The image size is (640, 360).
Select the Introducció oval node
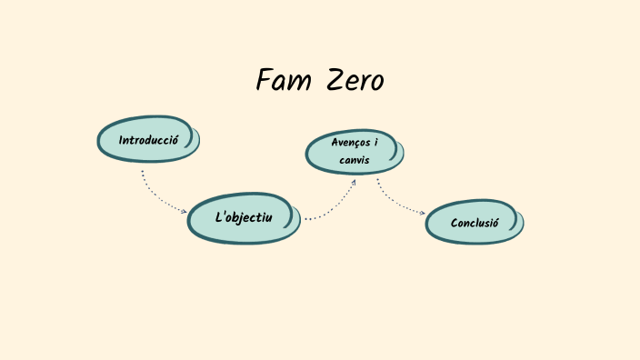point(147,140)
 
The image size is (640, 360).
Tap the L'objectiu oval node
point(243,218)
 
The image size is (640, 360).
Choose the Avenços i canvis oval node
point(354,152)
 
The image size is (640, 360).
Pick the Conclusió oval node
point(474,223)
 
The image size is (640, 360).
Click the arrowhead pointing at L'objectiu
point(185,211)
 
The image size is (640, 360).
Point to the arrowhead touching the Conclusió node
point(423,214)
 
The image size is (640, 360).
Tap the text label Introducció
point(147,140)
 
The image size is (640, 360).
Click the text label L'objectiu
point(243,218)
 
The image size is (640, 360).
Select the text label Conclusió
point(474,223)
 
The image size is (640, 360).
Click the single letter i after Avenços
point(375,143)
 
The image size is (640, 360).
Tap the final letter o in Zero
point(375,83)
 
